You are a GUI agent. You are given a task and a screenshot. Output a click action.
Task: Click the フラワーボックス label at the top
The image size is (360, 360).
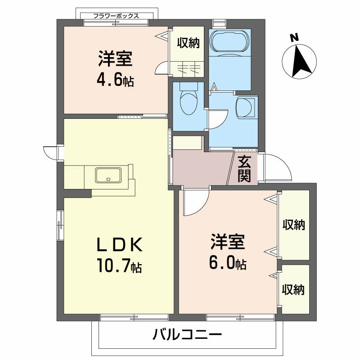click(x=116, y=16)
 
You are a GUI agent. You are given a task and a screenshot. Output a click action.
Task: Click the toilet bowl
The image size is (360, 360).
click(x=188, y=102)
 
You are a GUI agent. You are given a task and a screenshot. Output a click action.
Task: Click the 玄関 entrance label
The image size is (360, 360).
click(x=244, y=169)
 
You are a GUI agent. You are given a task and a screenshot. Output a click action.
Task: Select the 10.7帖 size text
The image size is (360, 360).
click(x=118, y=267)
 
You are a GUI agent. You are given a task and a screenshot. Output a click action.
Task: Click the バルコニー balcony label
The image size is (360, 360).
click(x=187, y=335)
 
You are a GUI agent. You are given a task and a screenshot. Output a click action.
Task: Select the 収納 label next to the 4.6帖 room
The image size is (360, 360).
click(x=188, y=44)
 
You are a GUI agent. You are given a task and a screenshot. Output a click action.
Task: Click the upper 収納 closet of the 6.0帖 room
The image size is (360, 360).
click(x=294, y=225)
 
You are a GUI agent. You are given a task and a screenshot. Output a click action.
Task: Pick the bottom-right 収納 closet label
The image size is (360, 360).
click(x=294, y=289)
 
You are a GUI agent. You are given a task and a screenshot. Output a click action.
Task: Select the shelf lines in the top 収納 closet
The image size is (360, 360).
click(x=188, y=69)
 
